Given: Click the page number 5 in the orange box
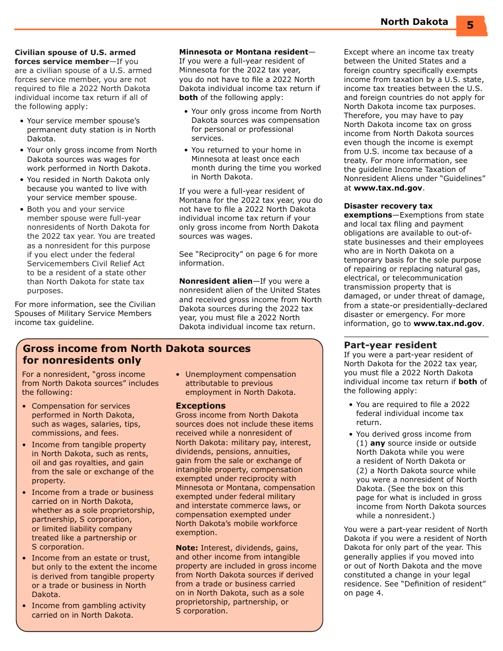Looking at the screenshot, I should coord(470,25).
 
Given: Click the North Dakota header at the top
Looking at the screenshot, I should coord(414,22).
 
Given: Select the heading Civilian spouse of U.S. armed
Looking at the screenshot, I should coord(75,52).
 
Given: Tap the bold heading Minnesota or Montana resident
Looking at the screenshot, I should coord(244,52).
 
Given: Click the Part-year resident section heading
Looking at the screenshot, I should coord(390,345).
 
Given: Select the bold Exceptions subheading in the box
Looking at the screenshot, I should coord(201,406).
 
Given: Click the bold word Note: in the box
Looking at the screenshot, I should coord(187,548).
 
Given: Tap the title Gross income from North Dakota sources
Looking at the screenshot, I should coord(137,348).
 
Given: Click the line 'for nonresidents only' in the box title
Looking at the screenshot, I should coord(82,360).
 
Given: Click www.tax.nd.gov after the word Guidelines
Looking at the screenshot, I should coord(388,188).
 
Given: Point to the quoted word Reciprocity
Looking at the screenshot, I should coord(220,254).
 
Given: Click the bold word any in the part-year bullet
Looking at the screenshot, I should coord(378,443).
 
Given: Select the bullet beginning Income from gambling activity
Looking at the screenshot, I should coord(88,610).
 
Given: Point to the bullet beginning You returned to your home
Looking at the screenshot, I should coord(256,164).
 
